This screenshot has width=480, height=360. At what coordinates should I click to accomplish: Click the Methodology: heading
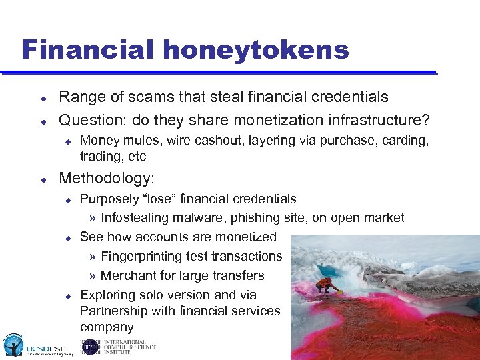[106, 178]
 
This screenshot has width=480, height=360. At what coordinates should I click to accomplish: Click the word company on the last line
[107, 327]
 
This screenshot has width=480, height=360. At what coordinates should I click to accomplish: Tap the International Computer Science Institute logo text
[129, 347]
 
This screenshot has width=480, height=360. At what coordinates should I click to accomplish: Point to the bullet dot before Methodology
[43, 179]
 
